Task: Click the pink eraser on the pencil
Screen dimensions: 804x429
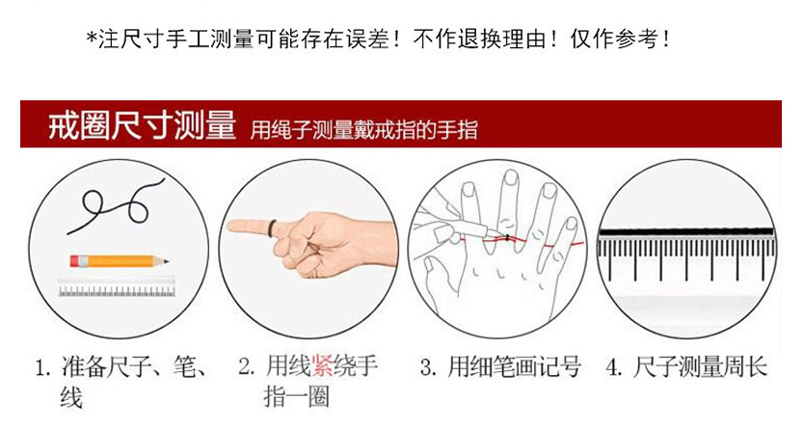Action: click(x=74, y=261)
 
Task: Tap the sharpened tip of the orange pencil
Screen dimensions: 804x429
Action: click(x=167, y=261)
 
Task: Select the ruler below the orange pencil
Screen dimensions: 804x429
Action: click(x=117, y=287)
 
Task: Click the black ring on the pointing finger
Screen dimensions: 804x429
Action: click(x=272, y=228)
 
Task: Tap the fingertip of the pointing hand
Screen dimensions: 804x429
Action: click(x=230, y=226)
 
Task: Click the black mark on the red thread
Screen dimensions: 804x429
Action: click(x=507, y=238)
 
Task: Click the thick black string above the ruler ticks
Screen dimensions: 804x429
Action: click(x=686, y=232)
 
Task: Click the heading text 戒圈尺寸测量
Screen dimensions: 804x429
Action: click(x=142, y=124)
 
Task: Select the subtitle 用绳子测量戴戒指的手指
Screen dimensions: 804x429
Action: click(x=364, y=130)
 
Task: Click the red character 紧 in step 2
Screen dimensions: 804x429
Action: click(x=322, y=366)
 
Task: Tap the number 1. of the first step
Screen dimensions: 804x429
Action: click(x=43, y=368)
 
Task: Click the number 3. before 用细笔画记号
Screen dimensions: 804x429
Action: click(x=428, y=367)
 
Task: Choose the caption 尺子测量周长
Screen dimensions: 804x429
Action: click(x=699, y=367)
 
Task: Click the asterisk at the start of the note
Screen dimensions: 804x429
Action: click(x=93, y=39)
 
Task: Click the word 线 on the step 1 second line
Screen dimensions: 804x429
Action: click(x=71, y=398)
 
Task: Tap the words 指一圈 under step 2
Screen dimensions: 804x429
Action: click(x=296, y=397)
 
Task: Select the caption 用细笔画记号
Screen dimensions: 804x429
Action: click(x=514, y=367)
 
